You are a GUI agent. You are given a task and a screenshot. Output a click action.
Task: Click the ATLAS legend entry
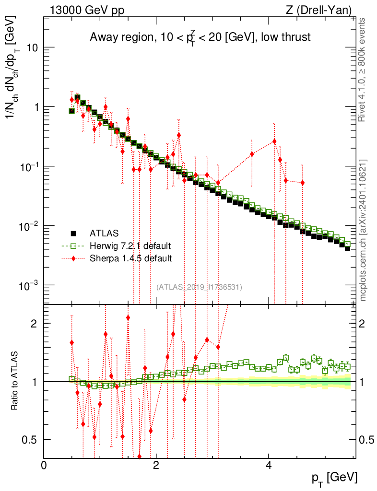94,234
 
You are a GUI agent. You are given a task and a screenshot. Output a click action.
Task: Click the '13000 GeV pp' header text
87,10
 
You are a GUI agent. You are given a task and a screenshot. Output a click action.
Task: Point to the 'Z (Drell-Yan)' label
318,10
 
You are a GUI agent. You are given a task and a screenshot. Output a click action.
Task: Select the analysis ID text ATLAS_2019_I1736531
199,287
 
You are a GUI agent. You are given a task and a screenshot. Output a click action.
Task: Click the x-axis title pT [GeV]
334,478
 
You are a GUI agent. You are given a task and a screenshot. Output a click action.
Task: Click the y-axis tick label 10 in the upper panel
33,47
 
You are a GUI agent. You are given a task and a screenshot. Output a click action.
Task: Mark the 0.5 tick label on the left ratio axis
30,440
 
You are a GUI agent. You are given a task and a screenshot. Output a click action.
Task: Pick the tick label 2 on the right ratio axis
362,324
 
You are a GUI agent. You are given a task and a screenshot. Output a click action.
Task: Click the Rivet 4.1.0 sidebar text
362,70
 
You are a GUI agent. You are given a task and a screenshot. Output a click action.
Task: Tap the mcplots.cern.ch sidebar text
363,231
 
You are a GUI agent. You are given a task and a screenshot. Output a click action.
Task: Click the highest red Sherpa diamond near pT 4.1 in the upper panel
274,141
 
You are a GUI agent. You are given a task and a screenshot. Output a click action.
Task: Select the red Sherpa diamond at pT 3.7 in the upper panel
252,154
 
